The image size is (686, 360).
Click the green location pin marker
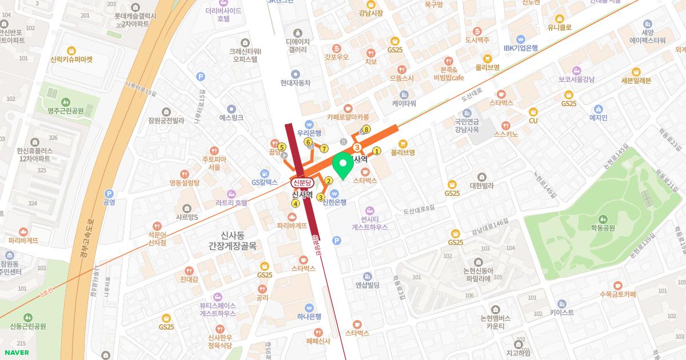tap(342, 166)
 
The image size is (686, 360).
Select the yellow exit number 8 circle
tap(366, 129)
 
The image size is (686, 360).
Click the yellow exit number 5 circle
tap(281, 147)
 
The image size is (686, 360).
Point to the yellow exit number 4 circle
tap(296, 203)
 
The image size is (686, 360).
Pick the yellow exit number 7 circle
tap(324, 149)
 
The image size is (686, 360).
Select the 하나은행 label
tap(309, 316)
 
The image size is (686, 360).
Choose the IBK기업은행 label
tap(521, 48)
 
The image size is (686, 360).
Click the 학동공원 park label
tap(603, 227)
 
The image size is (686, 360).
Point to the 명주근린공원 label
tap(66, 110)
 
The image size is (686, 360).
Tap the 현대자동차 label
tap(295, 82)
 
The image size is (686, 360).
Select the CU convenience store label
tap(533, 120)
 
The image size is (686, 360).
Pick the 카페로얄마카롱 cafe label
tap(348, 117)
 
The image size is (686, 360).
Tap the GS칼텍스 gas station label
tap(264, 182)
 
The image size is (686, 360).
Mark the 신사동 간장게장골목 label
tap(232, 239)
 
